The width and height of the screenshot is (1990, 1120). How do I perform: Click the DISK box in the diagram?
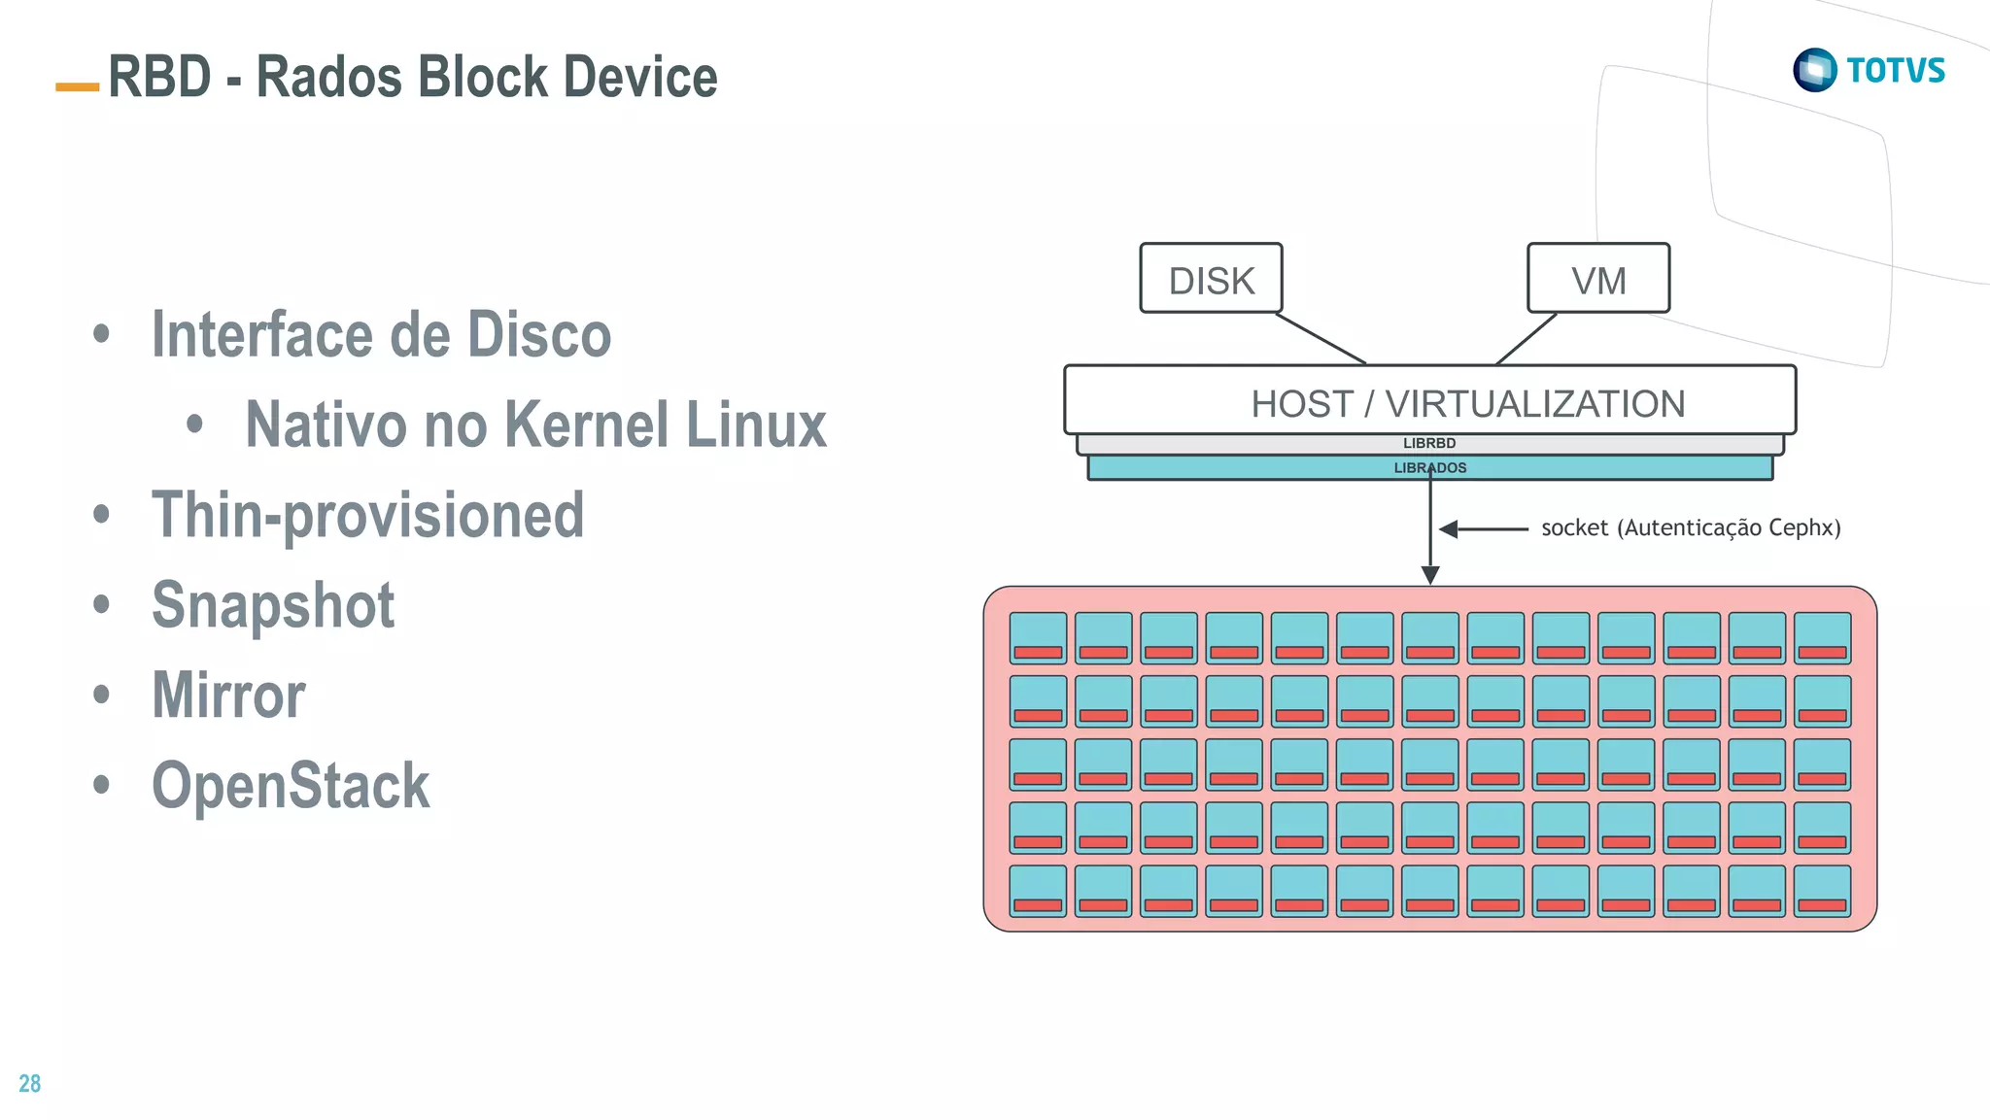1211,279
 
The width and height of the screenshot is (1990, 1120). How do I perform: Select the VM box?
1598,279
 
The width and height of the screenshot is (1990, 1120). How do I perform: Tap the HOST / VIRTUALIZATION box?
1429,401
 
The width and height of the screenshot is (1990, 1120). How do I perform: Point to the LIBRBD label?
1429,443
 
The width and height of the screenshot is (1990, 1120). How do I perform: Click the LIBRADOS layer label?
1429,468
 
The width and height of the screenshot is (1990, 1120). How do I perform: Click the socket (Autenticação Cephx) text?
1691,527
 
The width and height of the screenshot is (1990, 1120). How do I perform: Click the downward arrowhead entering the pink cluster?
1430,575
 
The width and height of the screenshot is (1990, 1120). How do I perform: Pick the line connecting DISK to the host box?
1321,338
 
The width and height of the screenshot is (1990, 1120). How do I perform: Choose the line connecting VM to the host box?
1527,338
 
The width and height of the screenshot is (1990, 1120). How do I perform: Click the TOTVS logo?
1869,70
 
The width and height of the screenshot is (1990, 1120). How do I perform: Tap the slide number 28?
30,1083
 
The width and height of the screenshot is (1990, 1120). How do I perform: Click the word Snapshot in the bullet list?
273,605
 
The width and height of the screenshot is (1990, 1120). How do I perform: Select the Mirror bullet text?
228,696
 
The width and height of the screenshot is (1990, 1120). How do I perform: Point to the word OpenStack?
291,785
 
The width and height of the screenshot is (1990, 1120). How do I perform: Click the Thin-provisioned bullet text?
368,515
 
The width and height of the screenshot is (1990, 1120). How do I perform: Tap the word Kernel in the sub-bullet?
587,424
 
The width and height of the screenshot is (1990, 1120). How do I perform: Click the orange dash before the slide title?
78,86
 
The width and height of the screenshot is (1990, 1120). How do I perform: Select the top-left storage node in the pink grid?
1038,637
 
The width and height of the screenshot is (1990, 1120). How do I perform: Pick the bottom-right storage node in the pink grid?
1822,891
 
